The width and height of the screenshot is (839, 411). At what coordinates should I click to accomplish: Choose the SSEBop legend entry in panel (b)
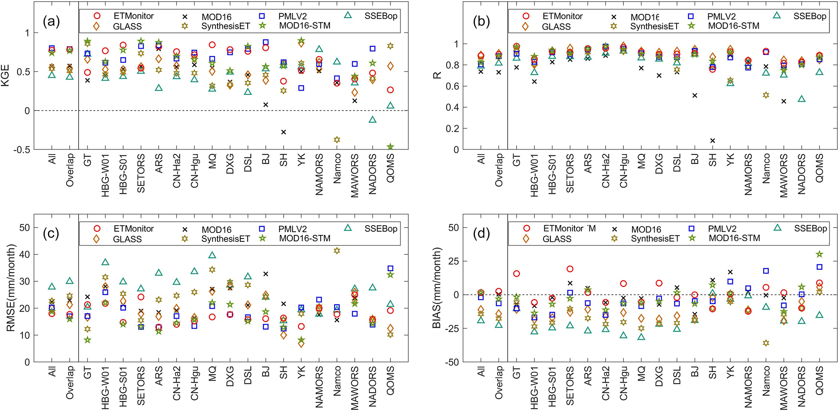[809, 16]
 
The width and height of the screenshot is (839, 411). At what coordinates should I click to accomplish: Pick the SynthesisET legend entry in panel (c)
[225, 239]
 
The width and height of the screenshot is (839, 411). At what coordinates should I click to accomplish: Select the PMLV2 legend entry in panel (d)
[722, 229]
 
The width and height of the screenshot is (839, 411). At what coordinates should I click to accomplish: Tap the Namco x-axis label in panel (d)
[766, 383]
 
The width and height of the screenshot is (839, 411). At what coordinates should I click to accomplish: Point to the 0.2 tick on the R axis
[453, 129]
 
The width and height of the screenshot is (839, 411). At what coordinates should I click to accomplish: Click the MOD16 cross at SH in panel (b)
[712, 141]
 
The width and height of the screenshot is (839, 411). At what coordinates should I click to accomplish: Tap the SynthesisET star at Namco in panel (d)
[766, 343]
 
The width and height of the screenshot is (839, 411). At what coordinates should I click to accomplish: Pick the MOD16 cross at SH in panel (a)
[283, 132]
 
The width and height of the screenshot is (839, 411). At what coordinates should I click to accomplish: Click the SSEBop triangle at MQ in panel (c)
[212, 256]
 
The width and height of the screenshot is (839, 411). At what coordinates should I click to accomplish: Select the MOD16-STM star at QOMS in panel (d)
[820, 254]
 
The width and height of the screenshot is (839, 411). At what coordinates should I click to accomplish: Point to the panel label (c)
[52, 233]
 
